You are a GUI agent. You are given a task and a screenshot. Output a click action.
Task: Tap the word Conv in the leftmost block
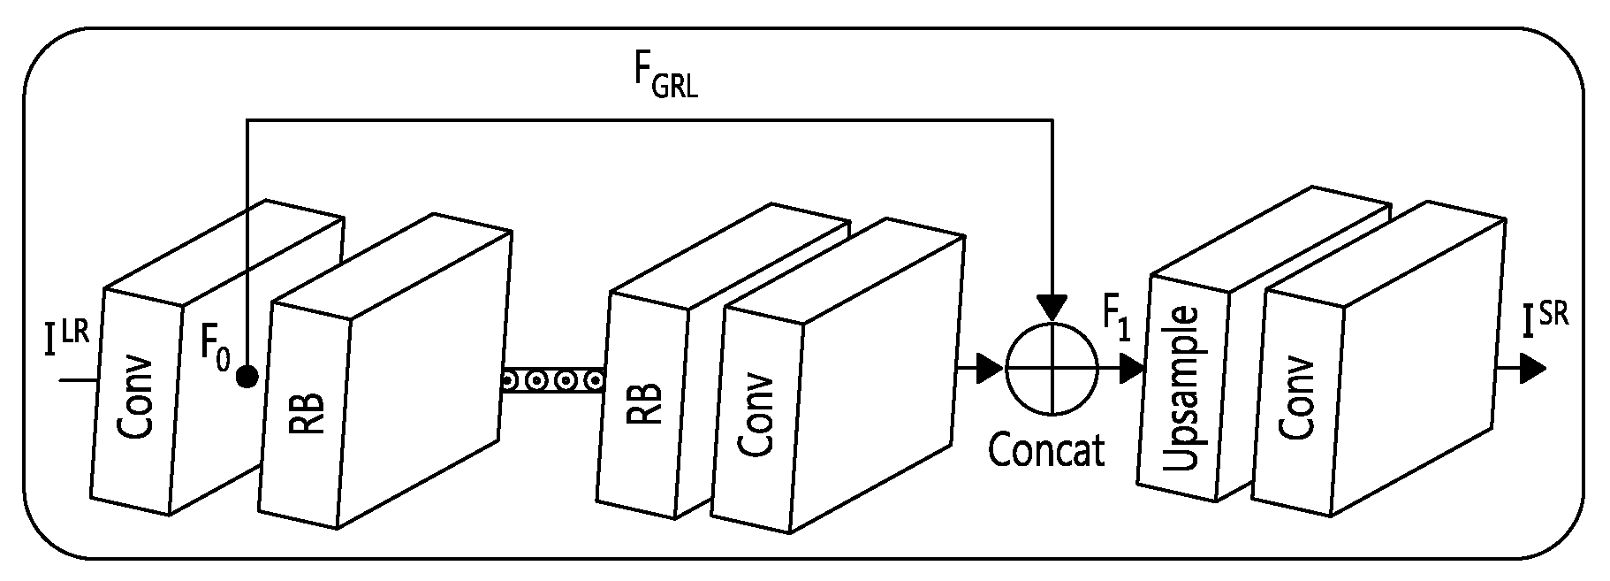136,399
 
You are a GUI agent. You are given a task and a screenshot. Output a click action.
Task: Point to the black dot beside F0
247,378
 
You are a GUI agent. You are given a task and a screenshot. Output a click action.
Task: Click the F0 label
216,347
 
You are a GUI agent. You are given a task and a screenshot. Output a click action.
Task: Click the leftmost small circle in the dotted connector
510,381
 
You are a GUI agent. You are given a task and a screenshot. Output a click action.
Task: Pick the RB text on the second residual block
644,404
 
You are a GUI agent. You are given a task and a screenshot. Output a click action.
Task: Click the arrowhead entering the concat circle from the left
990,371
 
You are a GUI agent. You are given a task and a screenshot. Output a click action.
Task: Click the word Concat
1046,449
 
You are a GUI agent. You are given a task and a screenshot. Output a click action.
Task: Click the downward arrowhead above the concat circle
1052,308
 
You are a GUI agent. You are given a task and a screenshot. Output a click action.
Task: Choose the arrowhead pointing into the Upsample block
1132,369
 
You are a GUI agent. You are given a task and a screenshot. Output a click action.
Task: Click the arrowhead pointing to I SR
1532,370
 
